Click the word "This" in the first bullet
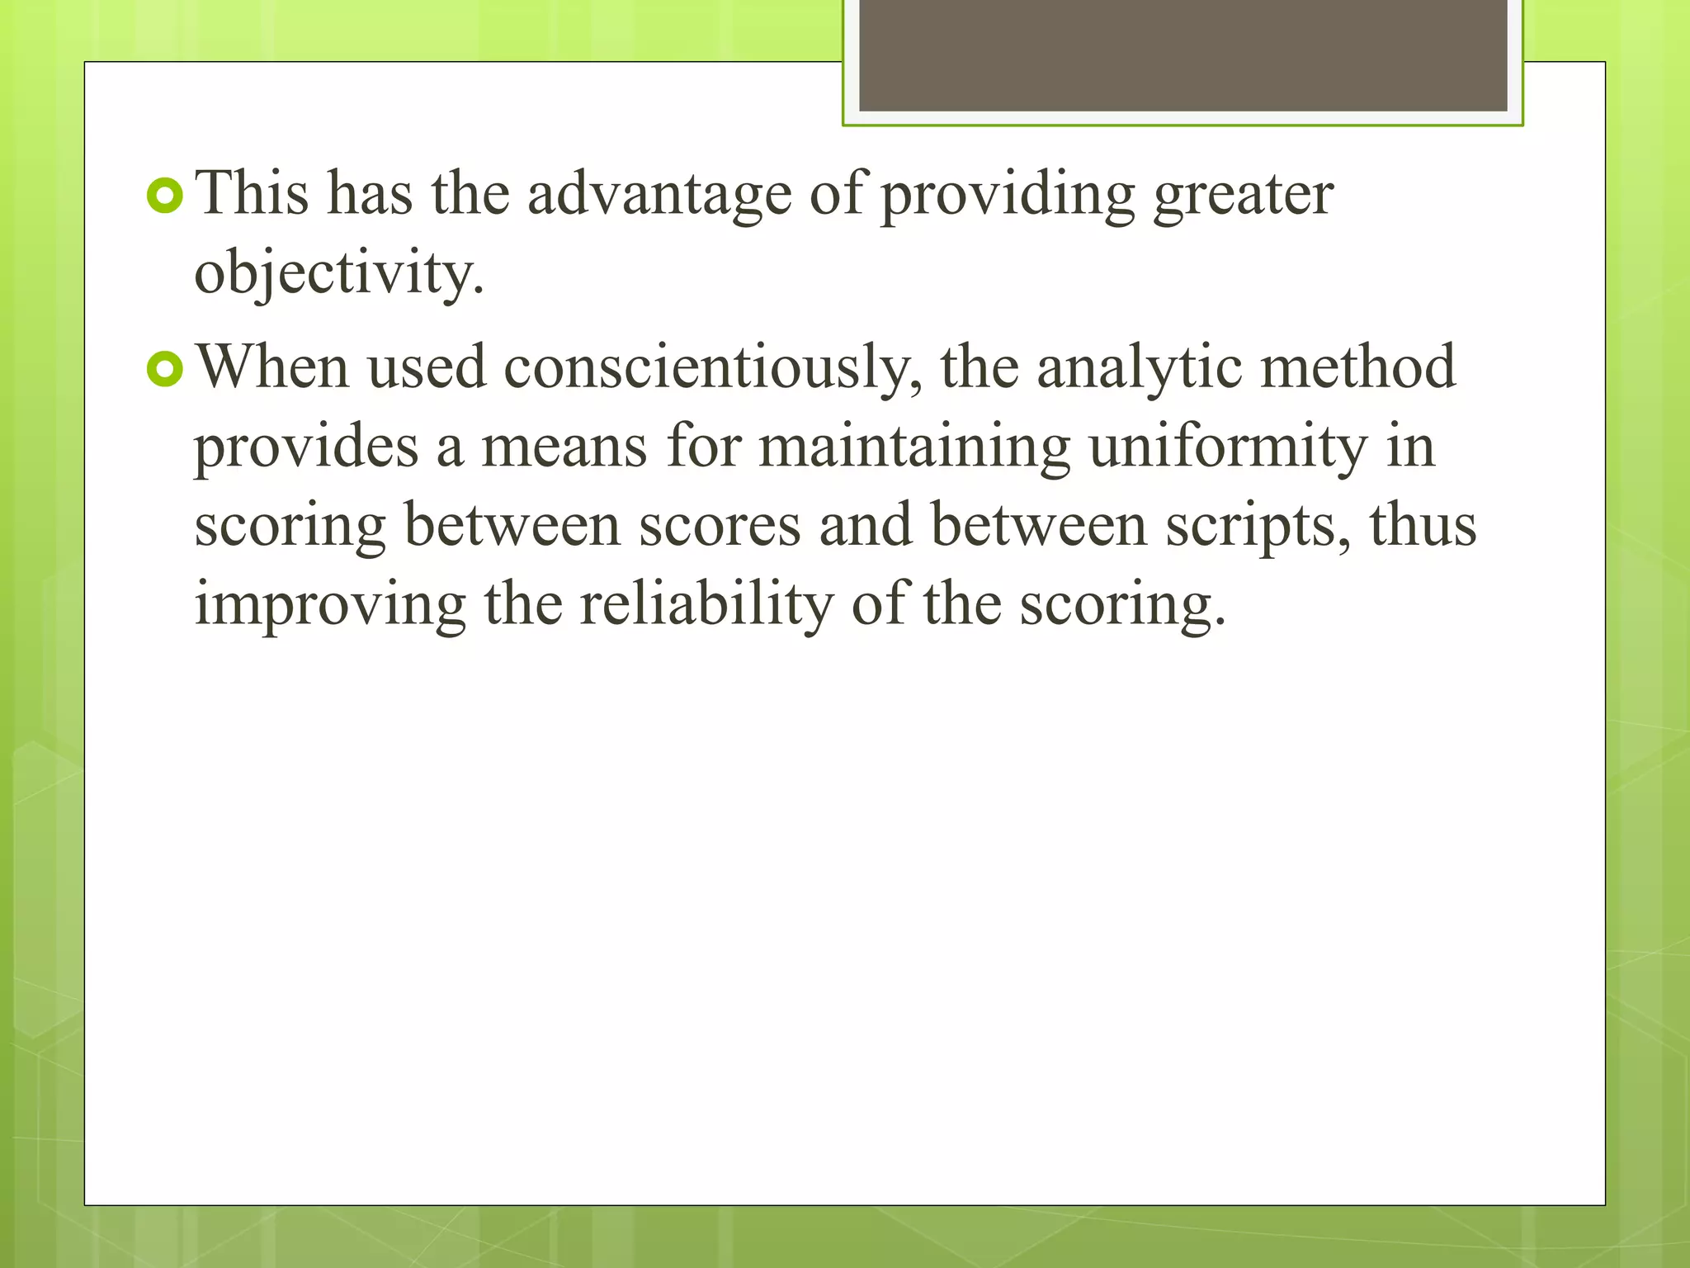252,193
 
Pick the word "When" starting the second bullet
272,367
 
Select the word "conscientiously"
712,368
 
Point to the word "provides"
306,447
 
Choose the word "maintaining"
913,447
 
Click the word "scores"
720,526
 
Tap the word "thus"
1423,526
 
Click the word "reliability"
706,605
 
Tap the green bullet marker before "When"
164,369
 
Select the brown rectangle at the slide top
1183,54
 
